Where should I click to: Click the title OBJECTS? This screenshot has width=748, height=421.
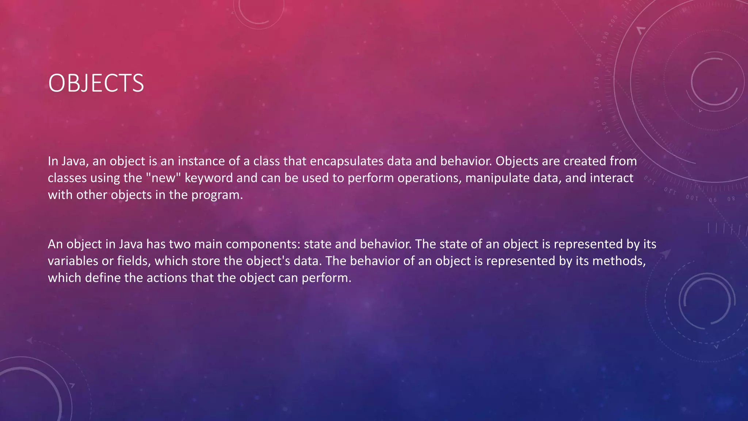coord(96,83)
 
